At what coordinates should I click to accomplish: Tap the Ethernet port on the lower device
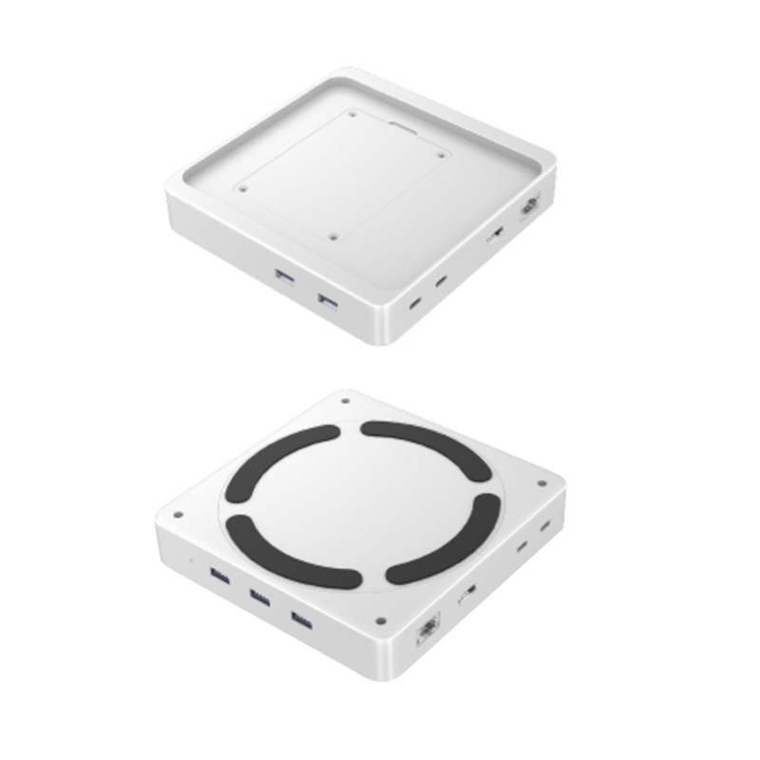pos(427,631)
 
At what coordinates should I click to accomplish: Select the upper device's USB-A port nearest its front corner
pos(329,304)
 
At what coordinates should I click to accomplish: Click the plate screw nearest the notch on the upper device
pos(352,115)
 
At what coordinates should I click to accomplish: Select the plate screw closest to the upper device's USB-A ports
pos(332,237)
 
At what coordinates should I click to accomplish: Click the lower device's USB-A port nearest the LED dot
pos(219,574)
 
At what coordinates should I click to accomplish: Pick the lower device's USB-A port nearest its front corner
pos(300,621)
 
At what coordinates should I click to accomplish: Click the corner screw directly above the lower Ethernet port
pos(380,620)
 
